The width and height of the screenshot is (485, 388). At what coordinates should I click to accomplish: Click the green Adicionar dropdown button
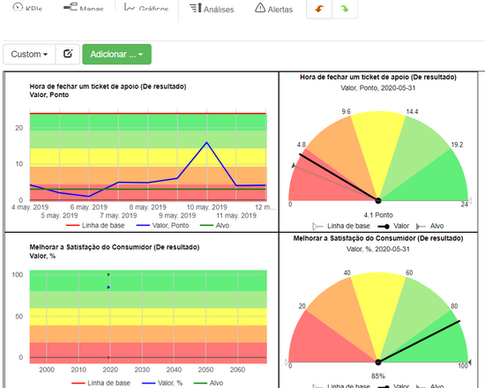click(x=116, y=55)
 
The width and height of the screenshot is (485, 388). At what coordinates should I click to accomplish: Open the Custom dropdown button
click(x=29, y=55)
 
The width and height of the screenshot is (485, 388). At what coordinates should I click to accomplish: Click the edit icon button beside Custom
click(x=67, y=55)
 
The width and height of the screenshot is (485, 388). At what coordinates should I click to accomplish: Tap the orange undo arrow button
click(x=318, y=8)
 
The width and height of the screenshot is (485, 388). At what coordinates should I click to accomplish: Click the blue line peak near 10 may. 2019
click(x=206, y=142)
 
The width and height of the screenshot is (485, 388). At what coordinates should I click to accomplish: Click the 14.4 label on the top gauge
click(x=411, y=112)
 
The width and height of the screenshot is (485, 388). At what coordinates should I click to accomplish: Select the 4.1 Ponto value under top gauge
click(x=377, y=214)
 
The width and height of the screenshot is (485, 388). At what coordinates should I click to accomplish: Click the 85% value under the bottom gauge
click(x=377, y=377)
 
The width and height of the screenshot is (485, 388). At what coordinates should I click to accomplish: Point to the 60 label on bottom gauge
click(x=409, y=272)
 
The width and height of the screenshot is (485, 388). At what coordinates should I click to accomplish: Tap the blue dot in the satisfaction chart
click(x=108, y=287)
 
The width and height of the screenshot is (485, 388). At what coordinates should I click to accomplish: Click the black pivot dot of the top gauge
click(x=377, y=200)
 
